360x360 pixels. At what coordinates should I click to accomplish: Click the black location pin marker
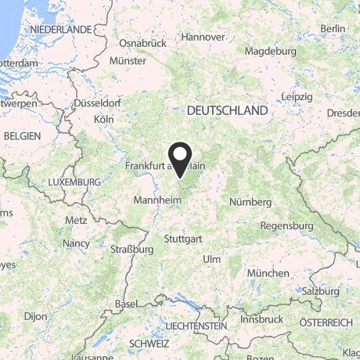click(180, 159)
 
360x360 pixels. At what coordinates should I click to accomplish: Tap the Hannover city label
click(203, 37)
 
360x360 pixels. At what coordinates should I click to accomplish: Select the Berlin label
click(333, 29)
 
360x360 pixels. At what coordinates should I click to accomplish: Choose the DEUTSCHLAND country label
click(227, 112)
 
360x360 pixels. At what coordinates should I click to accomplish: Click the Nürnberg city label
click(250, 202)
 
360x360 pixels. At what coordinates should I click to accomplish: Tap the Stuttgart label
click(185, 238)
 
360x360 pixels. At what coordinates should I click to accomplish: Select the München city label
click(268, 272)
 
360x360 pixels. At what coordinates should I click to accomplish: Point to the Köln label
click(104, 119)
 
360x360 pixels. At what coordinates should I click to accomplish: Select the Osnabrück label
click(143, 44)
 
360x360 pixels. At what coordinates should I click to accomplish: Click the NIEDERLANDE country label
click(60, 29)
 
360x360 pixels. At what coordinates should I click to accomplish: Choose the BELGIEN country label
click(22, 135)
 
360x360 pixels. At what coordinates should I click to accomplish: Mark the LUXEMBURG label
click(74, 182)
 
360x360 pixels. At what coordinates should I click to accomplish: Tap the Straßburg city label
click(131, 250)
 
